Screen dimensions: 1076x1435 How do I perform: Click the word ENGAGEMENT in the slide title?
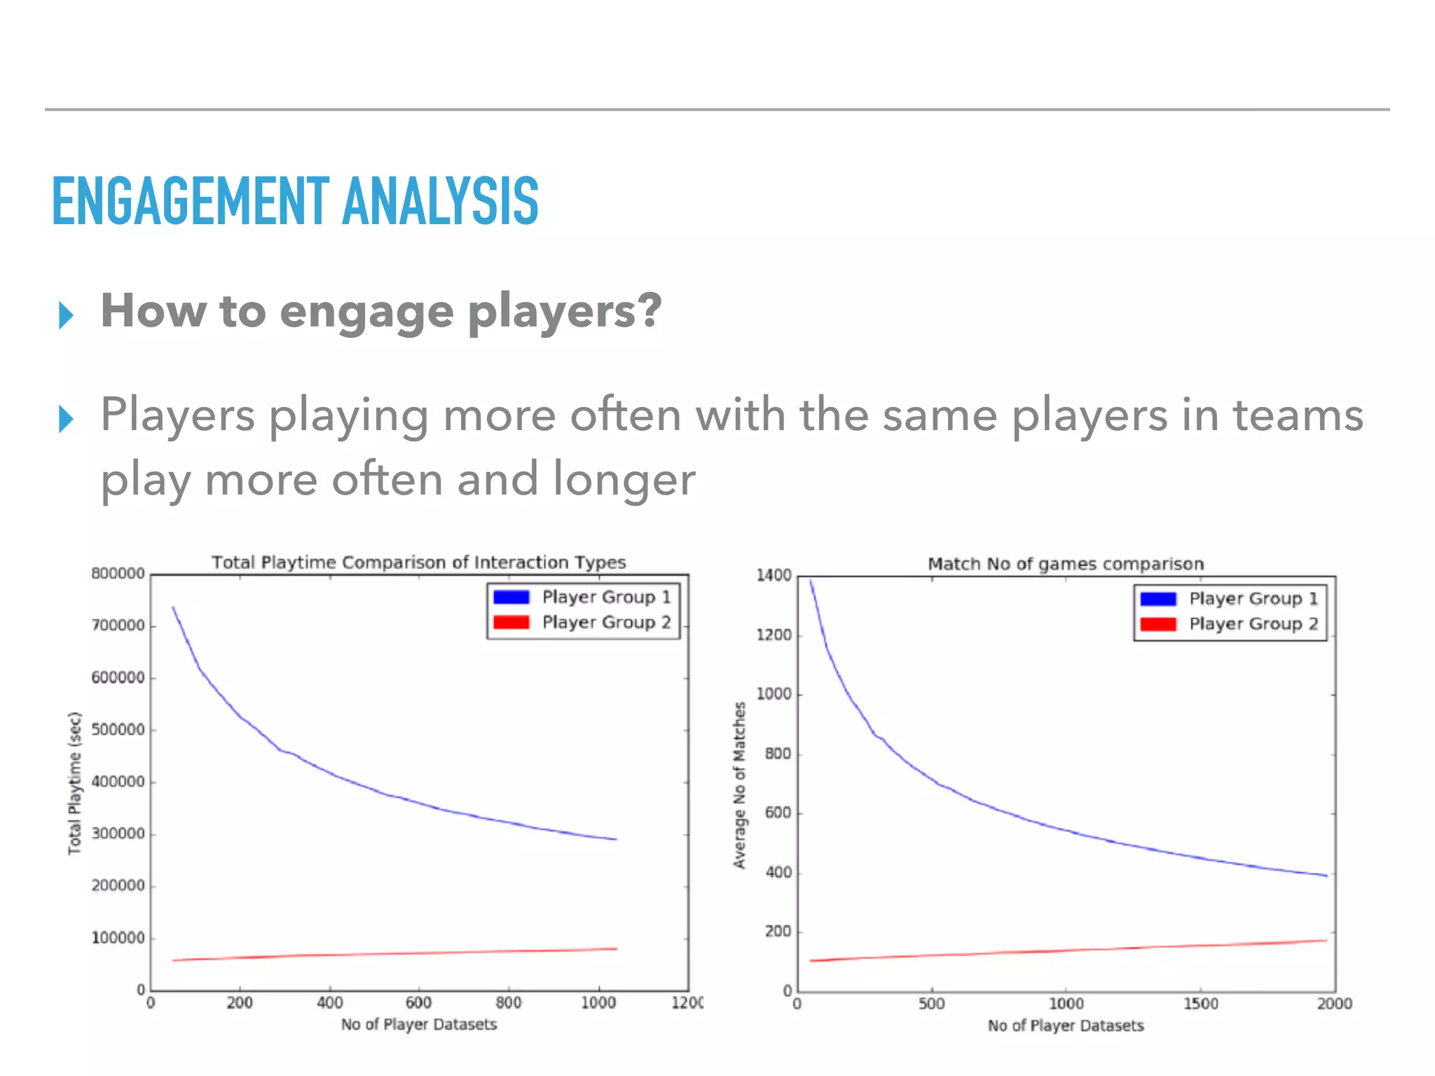click(x=190, y=202)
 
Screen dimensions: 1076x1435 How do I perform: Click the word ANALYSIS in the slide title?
click(x=440, y=202)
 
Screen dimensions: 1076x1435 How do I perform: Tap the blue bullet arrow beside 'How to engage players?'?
click(x=66, y=315)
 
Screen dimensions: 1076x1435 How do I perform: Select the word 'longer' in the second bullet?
click(x=624, y=481)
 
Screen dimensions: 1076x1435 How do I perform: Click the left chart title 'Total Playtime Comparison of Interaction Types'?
click(x=418, y=563)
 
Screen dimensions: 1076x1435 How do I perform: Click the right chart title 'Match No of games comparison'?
click(x=1065, y=564)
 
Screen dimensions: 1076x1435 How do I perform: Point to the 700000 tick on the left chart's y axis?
click(x=118, y=625)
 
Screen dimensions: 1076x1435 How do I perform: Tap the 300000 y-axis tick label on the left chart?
click(x=118, y=834)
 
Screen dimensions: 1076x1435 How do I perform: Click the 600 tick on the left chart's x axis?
click(x=419, y=1002)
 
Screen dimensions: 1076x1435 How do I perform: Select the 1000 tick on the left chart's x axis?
click(x=598, y=1002)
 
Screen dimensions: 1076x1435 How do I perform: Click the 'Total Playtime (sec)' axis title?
click(x=74, y=783)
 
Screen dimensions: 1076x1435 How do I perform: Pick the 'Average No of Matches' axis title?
click(x=739, y=785)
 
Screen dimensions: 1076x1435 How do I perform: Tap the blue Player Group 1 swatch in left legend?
click(x=511, y=597)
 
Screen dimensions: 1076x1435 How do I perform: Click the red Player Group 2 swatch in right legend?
click(x=1158, y=624)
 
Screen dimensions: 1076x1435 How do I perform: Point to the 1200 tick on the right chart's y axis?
click(x=774, y=635)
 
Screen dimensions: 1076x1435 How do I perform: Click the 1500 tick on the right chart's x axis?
click(x=1200, y=1004)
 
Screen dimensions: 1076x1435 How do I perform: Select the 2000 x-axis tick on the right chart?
click(x=1334, y=1004)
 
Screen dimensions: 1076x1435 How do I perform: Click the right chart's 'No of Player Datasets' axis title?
click(x=1065, y=1026)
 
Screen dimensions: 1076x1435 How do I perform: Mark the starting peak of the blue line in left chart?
click(x=173, y=607)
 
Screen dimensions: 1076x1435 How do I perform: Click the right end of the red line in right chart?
click(x=1326, y=940)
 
